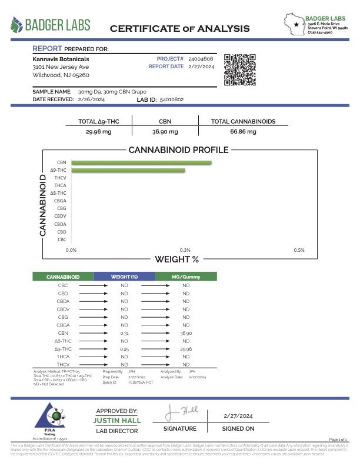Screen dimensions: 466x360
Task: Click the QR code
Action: click(x=241, y=71)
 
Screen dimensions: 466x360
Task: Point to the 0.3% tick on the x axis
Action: click(x=185, y=250)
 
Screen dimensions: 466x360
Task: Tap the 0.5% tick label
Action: click(x=299, y=250)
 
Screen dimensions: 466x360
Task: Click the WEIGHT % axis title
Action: click(x=176, y=259)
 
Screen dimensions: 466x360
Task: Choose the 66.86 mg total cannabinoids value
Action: click(x=243, y=131)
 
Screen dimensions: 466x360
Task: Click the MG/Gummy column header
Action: click(x=186, y=276)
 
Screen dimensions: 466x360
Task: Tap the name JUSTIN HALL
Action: click(x=116, y=421)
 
